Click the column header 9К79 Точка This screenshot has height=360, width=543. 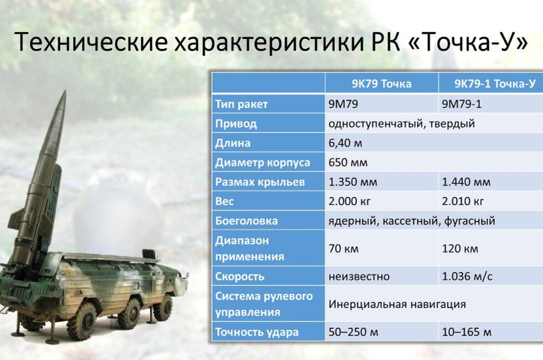(x=382, y=84)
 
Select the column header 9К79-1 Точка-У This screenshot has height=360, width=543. (x=495, y=84)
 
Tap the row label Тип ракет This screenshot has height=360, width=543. (x=242, y=104)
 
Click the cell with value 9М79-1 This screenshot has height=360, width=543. (x=462, y=104)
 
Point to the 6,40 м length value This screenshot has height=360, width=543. (x=345, y=143)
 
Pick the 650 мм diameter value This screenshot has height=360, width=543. (x=348, y=162)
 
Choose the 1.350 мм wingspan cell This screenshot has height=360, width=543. (x=352, y=182)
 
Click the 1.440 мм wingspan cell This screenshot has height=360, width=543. (x=466, y=182)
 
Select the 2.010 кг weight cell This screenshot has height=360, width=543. (x=463, y=201)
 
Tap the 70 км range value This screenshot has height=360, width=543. (x=344, y=249)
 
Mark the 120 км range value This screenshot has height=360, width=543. (x=460, y=249)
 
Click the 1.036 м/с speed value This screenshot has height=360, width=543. (x=467, y=276)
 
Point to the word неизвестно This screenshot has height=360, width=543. (x=359, y=276)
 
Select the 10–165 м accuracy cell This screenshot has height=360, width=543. (x=467, y=332)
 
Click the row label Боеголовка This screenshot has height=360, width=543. (x=247, y=221)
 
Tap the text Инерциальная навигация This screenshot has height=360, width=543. (x=397, y=304)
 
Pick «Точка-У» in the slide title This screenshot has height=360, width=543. (x=468, y=42)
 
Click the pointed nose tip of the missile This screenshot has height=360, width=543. (x=65, y=91)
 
